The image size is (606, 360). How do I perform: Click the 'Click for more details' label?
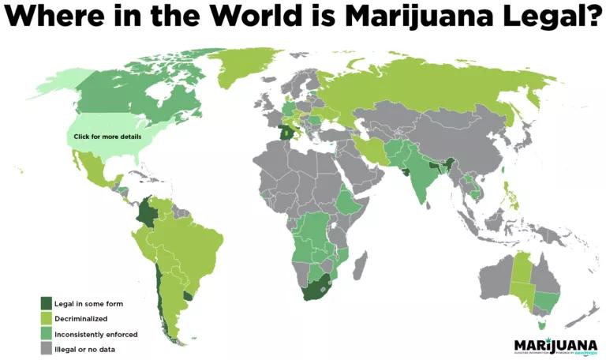point(107,137)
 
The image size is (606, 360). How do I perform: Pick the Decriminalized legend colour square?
point(47,318)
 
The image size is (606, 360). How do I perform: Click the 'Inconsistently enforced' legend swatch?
point(47,333)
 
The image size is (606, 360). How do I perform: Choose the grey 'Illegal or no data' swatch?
point(47,348)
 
